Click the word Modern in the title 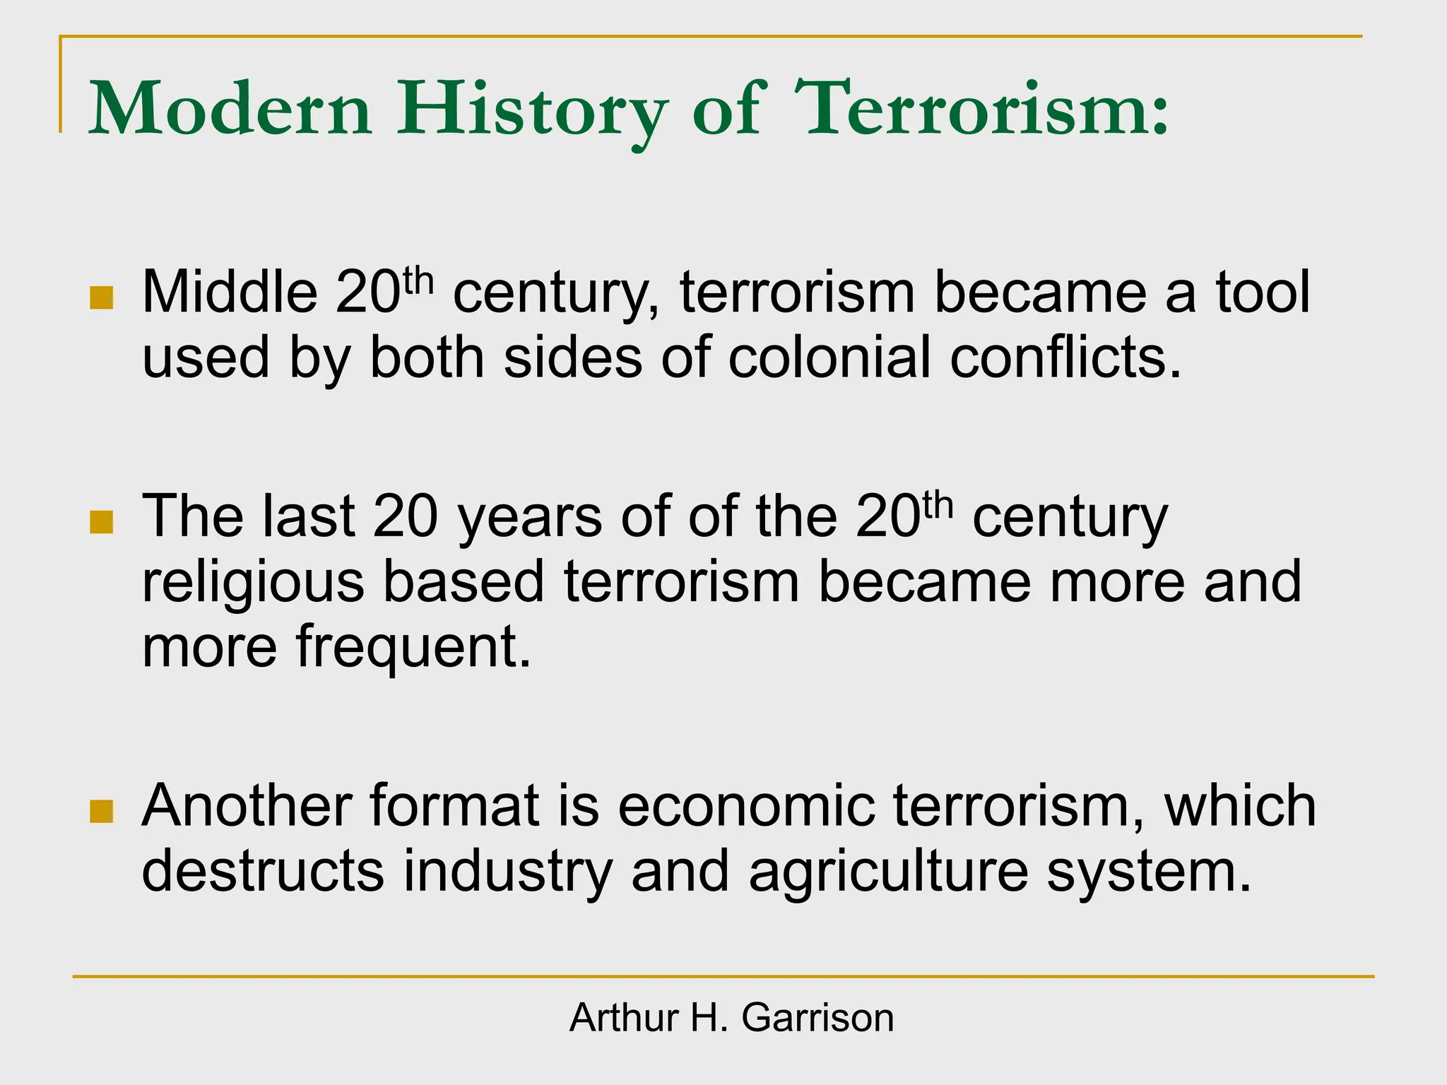tap(230, 109)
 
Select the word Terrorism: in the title tap(982, 109)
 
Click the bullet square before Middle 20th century tap(102, 297)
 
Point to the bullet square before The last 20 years tap(102, 522)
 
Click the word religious tap(253, 583)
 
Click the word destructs tap(263, 870)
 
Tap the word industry tap(507, 872)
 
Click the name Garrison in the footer tap(817, 1018)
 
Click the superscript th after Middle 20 tap(418, 280)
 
